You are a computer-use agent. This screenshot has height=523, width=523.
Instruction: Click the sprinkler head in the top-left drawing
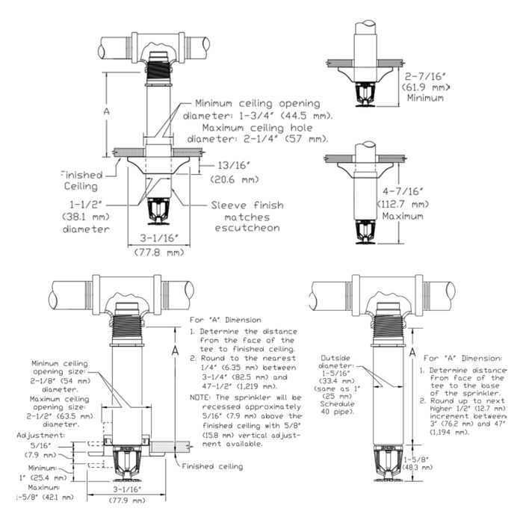click(x=158, y=211)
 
